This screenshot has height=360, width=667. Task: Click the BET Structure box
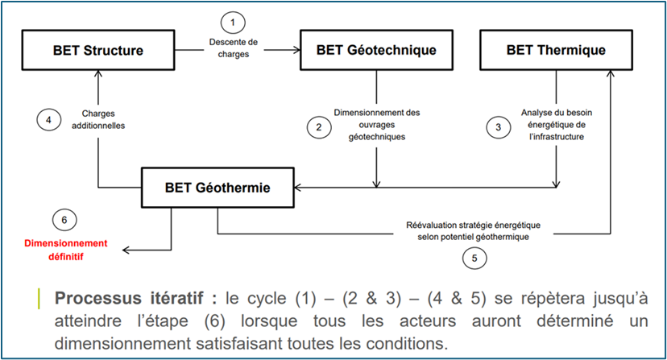coord(98,51)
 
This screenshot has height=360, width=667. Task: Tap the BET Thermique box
coord(555,51)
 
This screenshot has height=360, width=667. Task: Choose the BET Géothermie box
coord(217,188)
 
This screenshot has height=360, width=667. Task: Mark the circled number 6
coord(65,220)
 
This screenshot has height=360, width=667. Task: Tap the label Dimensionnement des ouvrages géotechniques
coord(377,125)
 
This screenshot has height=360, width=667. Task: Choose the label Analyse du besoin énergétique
coord(557,125)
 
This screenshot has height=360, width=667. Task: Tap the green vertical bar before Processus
coord(39,297)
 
